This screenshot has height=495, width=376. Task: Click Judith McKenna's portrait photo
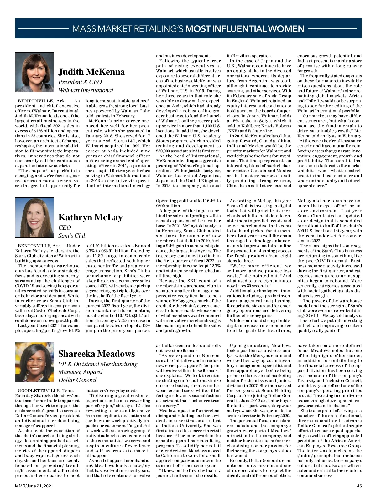click(34, 72)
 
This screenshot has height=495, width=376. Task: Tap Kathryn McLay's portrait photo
click(34, 217)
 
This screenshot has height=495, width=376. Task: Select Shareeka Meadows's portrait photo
click(34, 362)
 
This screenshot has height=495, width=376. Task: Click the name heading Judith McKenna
click(91, 72)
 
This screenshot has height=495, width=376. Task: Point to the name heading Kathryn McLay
click(90, 217)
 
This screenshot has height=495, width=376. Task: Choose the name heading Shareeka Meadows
click(97, 354)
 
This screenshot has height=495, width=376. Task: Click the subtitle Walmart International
click(86, 90)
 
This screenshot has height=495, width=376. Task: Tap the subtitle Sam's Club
click(72, 236)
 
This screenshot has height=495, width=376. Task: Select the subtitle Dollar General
click(77, 380)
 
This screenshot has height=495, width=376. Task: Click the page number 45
click(359, 486)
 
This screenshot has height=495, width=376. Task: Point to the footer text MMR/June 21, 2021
click(34, 486)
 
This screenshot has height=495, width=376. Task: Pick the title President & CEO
click(80, 82)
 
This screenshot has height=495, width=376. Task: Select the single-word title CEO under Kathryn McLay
click(65, 227)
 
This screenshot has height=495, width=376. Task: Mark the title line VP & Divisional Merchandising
click(98, 364)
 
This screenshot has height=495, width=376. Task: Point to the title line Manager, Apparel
click(81, 372)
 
